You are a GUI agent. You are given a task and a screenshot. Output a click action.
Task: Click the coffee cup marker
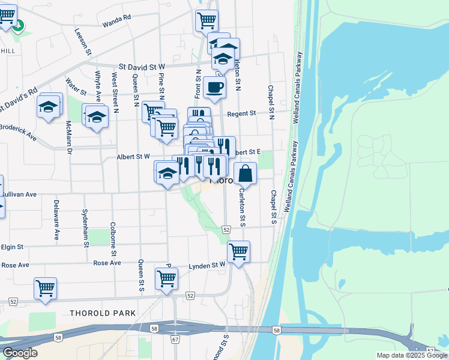click(x=214, y=88)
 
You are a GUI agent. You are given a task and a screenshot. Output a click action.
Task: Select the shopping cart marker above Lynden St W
click(x=238, y=251)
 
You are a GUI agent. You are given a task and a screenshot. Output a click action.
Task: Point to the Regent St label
click(x=241, y=113)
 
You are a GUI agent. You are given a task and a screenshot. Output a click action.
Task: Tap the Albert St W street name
click(x=133, y=157)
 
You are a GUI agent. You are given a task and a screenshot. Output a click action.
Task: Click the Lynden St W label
click(x=206, y=265)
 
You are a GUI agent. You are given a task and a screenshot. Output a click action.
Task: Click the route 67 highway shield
click(x=175, y=340)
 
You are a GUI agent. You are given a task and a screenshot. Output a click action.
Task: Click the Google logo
click(x=20, y=353)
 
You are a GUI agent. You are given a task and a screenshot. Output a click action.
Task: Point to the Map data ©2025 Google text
click(x=412, y=355)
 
